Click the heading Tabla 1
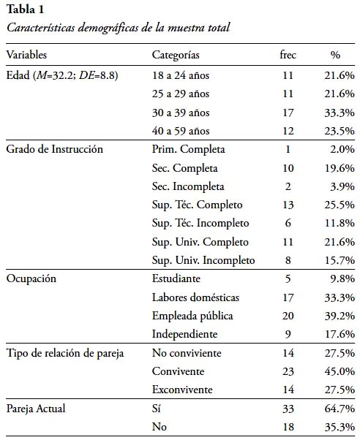(26, 10)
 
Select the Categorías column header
(176, 55)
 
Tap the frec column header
(288, 54)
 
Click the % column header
(335, 55)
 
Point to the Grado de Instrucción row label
(55, 149)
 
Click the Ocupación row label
(31, 279)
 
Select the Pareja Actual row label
(36, 409)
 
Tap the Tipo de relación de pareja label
(65, 353)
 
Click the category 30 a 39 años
(181, 113)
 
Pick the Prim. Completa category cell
(188, 149)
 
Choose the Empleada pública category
(192, 316)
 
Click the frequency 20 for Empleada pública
(288, 316)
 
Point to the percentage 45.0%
(340, 371)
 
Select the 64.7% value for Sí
(340, 409)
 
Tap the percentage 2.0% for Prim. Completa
(342, 149)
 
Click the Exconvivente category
(182, 390)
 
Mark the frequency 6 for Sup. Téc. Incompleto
(288, 223)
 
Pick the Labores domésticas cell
(195, 297)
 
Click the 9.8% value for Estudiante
(342, 279)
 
